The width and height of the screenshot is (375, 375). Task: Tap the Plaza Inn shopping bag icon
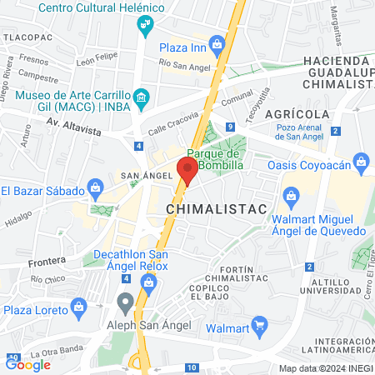(x=217, y=43)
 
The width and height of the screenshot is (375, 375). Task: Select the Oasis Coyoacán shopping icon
(x=361, y=160)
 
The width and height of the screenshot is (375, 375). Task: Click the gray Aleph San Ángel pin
(x=125, y=301)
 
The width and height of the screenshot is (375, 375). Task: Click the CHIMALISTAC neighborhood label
(x=216, y=208)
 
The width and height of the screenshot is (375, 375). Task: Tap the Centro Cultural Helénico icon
(x=147, y=22)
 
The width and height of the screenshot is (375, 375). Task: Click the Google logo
(x=27, y=364)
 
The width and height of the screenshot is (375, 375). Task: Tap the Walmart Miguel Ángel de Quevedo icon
(x=291, y=197)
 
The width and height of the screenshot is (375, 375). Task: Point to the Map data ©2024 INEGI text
(x=325, y=368)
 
